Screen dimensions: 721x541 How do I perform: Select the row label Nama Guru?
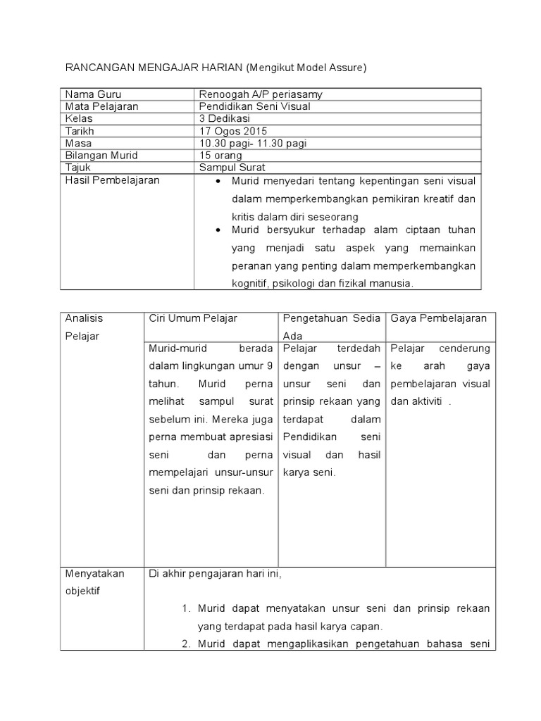coord(92,94)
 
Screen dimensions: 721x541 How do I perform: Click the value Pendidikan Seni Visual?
coord(255,106)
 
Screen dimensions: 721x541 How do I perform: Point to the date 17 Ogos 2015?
coord(234,131)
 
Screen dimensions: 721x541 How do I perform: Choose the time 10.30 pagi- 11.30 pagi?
coord(254,143)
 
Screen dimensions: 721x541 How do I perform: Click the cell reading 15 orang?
coord(221,155)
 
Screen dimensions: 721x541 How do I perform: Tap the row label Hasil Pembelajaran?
coord(112,180)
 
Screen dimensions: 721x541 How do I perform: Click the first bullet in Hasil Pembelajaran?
coord(218,182)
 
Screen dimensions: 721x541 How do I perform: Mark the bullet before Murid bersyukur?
coord(218,230)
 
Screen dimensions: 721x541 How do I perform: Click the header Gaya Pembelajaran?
coord(439,318)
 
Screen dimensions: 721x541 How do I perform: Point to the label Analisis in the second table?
coord(84,318)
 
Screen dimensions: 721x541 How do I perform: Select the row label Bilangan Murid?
coord(101,155)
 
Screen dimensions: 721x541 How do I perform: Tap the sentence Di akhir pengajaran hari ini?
coord(216,573)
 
